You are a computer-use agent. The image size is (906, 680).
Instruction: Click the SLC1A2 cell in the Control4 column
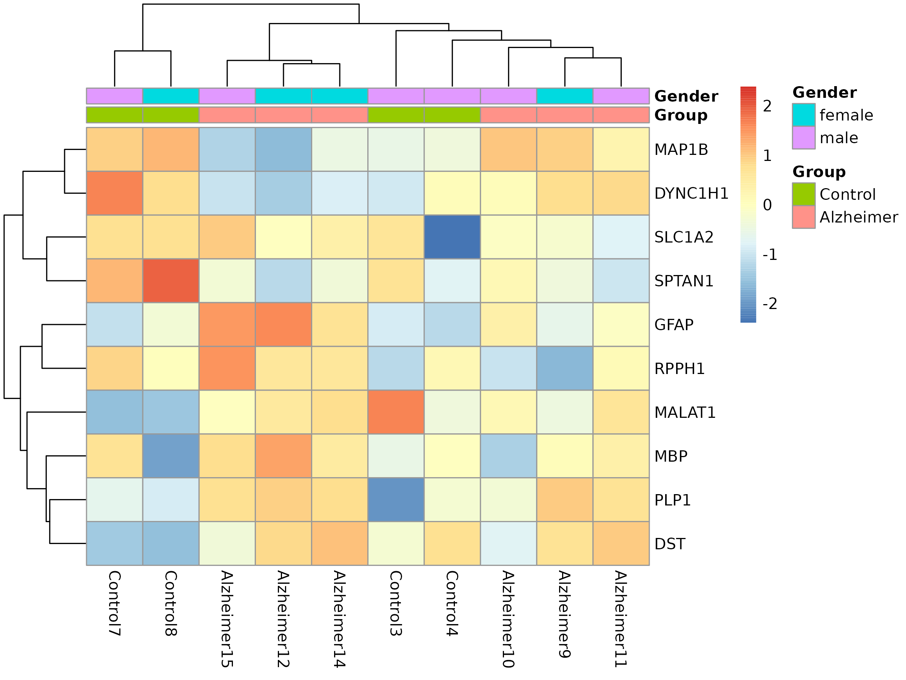[x=452, y=237]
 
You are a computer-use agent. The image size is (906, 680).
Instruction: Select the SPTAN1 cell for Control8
[x=171, y=281]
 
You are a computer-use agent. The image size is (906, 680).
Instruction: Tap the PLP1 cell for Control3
[x=396, y=500]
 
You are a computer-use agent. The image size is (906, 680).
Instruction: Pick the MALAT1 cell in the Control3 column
[x=396, y=412]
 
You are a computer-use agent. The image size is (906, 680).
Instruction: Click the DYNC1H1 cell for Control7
[x=114, y=193]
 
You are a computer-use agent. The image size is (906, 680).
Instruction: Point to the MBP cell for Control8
[x=171, y=456]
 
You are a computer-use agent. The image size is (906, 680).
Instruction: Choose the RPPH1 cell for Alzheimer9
[x=564, y=368]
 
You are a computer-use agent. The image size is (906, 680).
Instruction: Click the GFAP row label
[x=674, y=325]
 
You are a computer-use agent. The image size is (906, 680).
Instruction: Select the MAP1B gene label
[x=681, y=150]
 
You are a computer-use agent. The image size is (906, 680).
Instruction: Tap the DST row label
[x=670, y=544]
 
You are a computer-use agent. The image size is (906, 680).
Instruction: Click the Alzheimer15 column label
[x=227, y=619]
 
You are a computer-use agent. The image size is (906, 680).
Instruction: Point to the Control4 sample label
[x=452, y=603]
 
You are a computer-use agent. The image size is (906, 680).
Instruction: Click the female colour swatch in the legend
[x=804, y=115]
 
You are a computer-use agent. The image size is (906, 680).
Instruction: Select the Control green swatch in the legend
[x=804, y=194]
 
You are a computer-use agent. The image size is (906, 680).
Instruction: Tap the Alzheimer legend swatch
[x=804, y=217]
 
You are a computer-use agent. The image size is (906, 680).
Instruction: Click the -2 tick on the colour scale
[x=770, y=304]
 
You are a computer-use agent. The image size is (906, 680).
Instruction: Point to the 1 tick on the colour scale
[x=767, y=155]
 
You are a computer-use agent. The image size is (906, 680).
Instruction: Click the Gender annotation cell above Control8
[x=171, y=96]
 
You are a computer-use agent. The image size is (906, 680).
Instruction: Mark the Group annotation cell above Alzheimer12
[x=284, y=115]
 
